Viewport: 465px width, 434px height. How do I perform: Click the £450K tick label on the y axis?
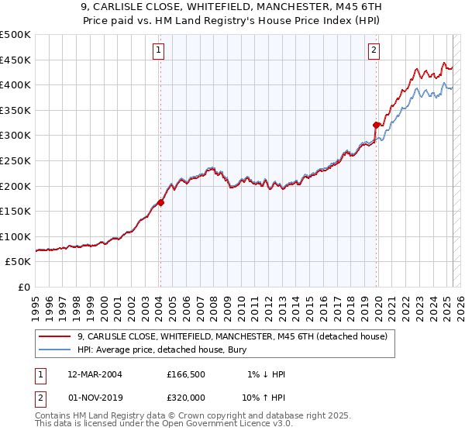15,60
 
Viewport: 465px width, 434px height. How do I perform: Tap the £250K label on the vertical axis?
15,160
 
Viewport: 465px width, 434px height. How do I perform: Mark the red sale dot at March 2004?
160,203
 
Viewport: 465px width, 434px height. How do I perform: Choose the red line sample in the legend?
54,336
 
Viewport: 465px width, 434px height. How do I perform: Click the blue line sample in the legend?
54,349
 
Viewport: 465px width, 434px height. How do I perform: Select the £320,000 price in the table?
185,396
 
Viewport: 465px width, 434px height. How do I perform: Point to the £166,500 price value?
185,374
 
